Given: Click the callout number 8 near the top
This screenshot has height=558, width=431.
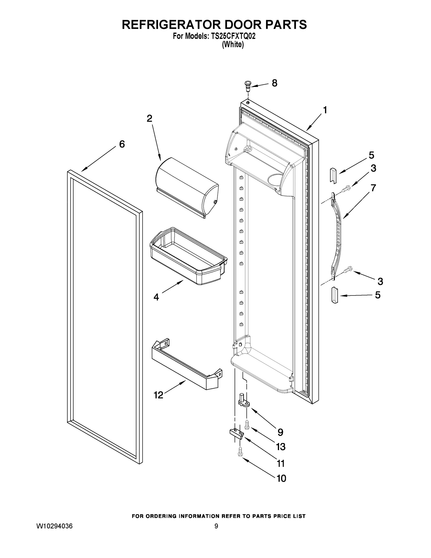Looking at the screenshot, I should tap(274, 83).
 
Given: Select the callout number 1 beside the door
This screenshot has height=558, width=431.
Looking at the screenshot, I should tap(325, 110).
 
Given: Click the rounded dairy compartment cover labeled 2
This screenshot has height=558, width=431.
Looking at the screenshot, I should tap(187, 188).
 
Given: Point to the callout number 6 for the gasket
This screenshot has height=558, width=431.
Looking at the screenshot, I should tap(122, 144).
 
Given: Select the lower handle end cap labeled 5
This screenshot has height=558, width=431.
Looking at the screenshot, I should tap(335, 295).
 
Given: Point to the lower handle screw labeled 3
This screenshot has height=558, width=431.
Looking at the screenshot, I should tap(348, 269).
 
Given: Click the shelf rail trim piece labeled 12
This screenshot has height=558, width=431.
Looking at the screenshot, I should tap(186, 365).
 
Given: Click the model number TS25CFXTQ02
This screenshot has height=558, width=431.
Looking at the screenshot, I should tap(233, 36).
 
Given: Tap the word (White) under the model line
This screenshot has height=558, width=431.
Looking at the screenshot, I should tap(233, 44).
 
